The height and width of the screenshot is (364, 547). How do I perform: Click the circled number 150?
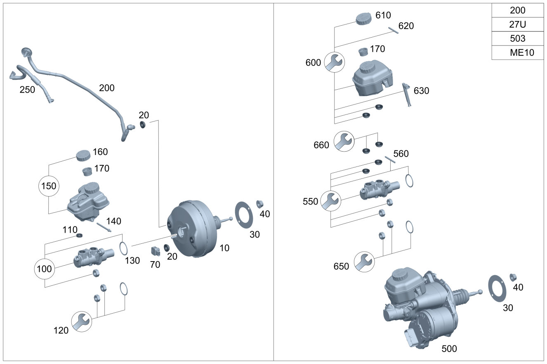click(x=49, y=186)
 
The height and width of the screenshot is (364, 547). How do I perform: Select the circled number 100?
click(x=44, y=269)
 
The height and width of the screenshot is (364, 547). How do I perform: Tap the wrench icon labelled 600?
click(x=334, y=62)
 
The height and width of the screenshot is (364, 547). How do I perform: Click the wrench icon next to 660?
click(x=344, y=141)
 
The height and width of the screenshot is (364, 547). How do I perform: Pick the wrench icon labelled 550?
click(x=331, y=201)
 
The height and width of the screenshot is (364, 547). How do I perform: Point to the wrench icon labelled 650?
click(x=364, y=261)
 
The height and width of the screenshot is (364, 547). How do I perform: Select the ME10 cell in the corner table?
click(x=518, y=52)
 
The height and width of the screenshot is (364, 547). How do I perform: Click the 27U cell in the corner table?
click(x=518, y=24)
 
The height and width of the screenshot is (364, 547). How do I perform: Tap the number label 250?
click(x=27, y=89)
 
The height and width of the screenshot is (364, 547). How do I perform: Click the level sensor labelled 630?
click(x=407, y=93)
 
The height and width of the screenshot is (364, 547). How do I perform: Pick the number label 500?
click(x=449, y=349)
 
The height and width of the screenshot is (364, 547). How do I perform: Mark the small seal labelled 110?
click(x=80, y=236)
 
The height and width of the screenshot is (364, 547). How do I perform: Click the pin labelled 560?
click(x=390, y=159)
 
